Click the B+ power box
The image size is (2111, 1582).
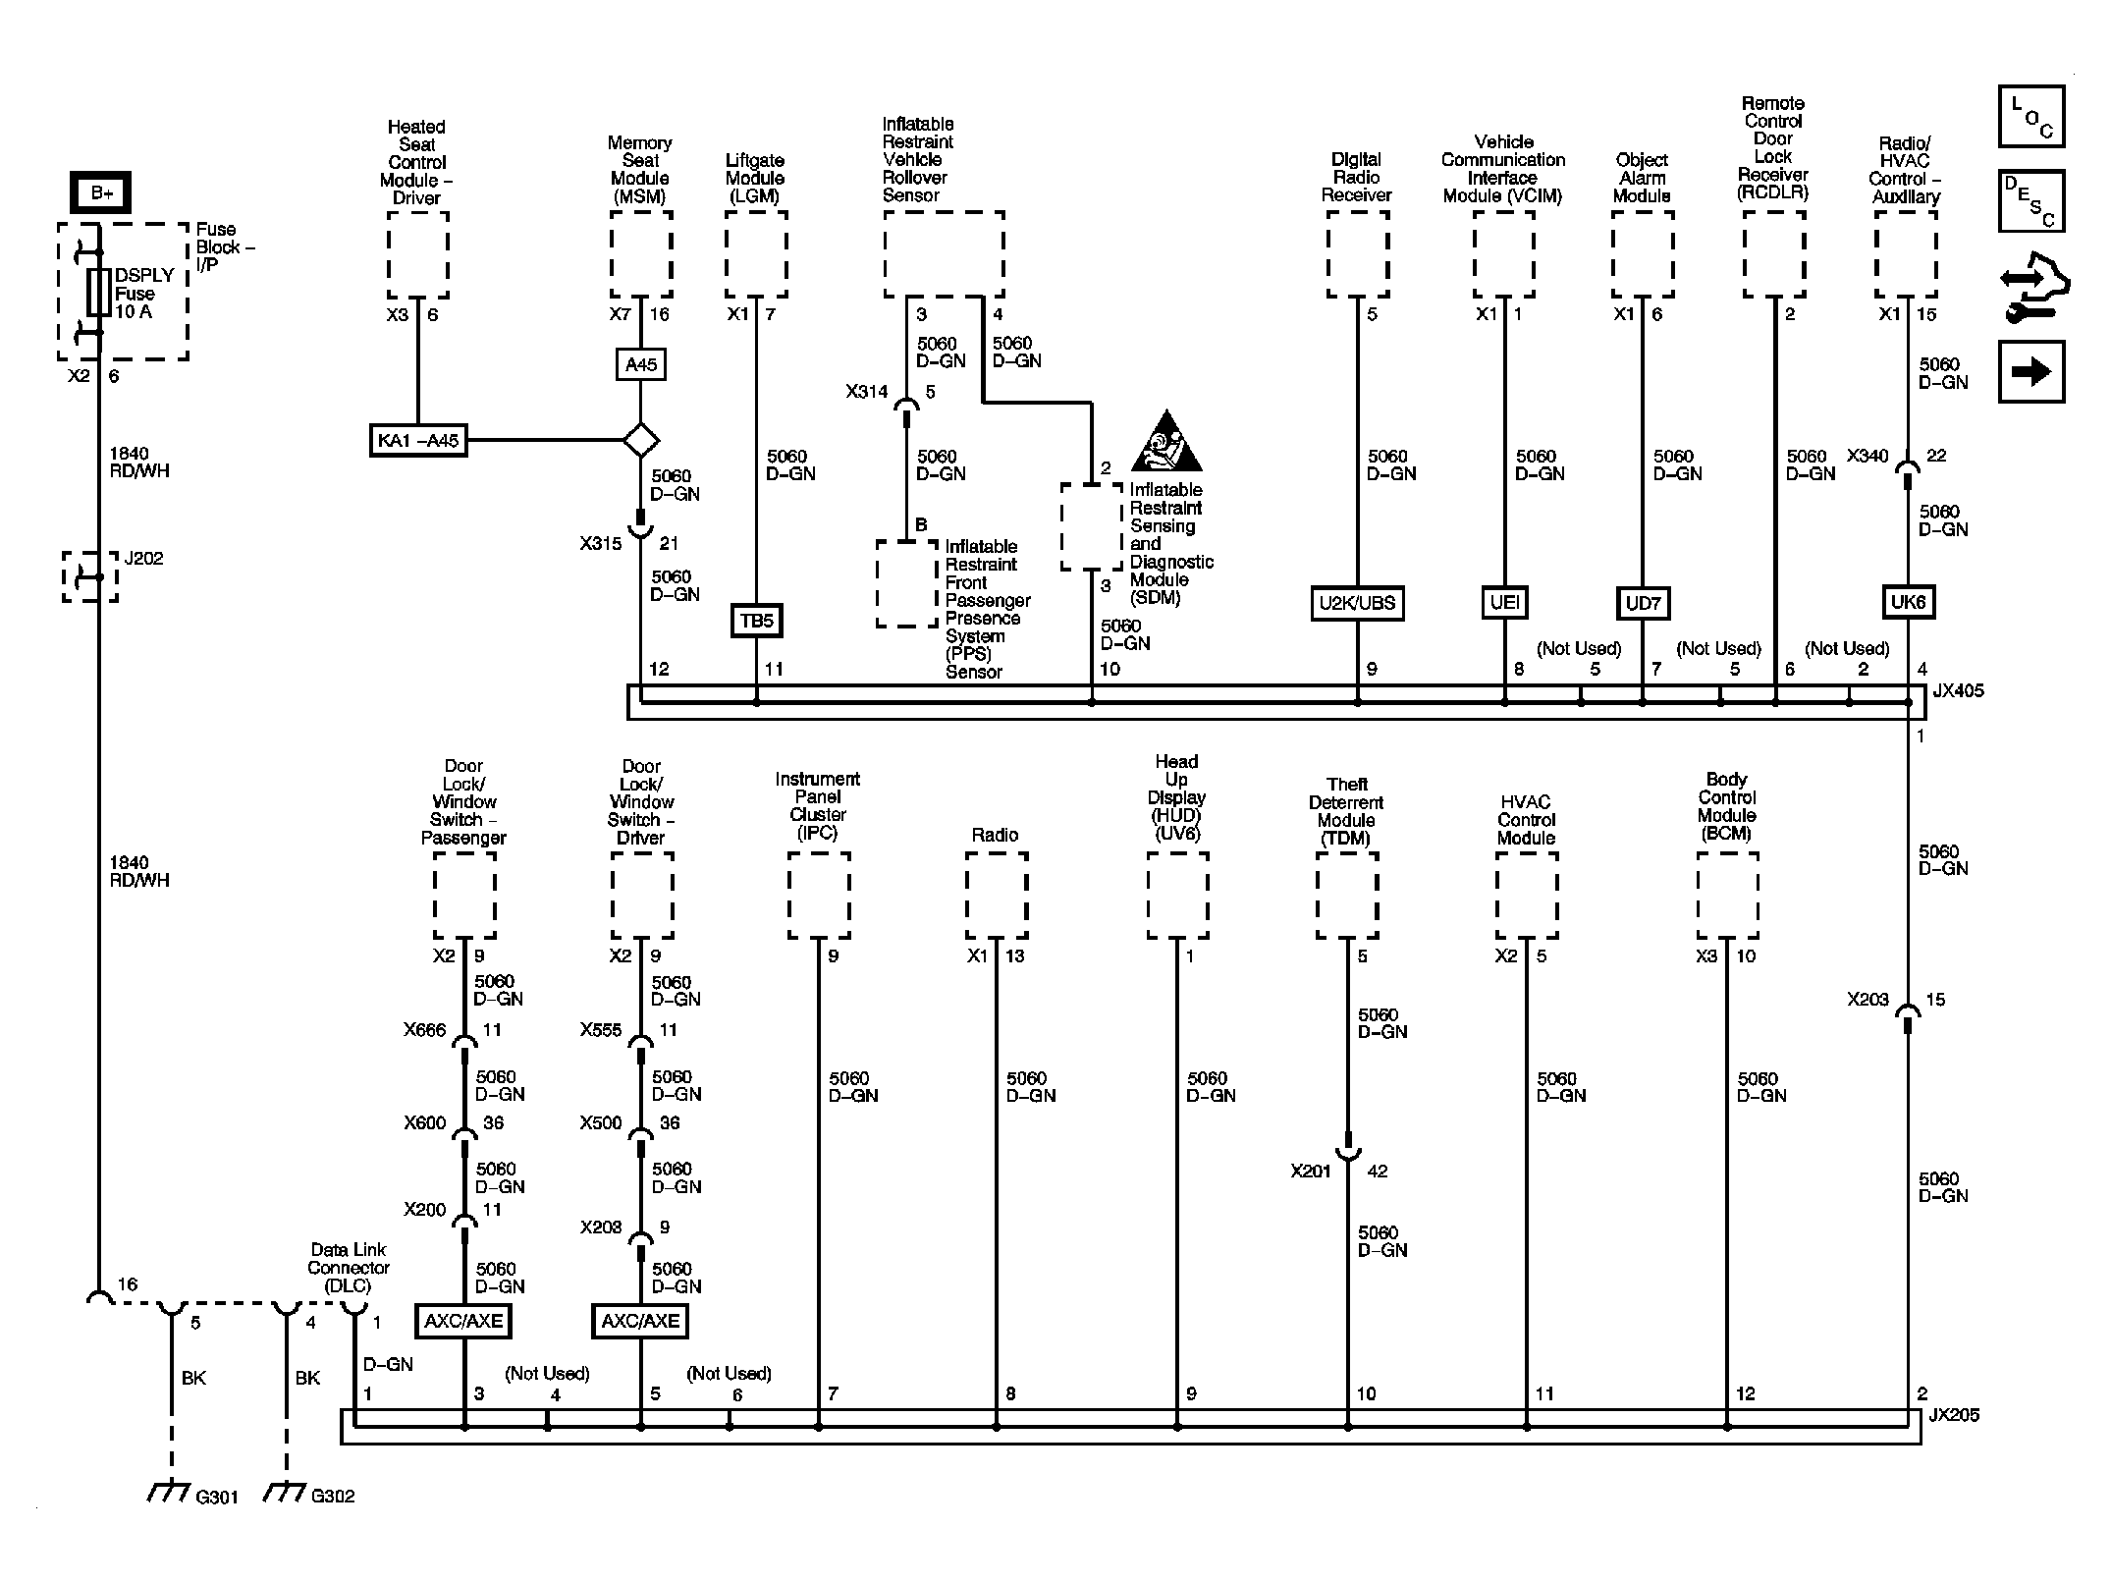100,192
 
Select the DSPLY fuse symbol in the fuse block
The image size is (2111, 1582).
98,293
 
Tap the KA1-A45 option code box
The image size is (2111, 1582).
418,440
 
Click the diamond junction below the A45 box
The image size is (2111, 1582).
641,439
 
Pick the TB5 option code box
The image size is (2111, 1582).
756,621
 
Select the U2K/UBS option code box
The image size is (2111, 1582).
1357,603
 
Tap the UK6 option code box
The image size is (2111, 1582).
1907,602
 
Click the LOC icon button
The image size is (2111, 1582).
2030,117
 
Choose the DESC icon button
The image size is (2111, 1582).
2030,201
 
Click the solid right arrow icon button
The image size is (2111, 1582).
2030,371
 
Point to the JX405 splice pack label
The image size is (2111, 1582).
1958,690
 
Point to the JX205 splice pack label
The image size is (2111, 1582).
1953,1415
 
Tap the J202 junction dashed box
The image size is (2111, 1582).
90,576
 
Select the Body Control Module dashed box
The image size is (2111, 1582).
1727,895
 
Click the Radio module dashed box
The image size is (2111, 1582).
996,895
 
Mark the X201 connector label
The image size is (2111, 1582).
1310,1171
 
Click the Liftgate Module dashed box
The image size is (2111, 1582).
755,254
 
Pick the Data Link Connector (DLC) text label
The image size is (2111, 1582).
348,1267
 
